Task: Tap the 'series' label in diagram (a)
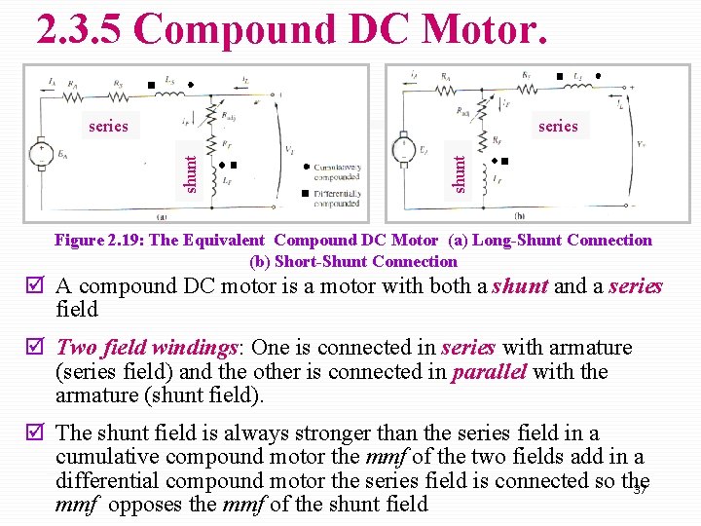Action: [108, 126]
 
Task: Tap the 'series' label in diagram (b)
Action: [558, 126]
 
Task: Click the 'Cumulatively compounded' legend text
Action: [337, 172]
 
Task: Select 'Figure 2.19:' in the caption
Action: [99, 241]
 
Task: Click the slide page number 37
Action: [641, 489]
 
